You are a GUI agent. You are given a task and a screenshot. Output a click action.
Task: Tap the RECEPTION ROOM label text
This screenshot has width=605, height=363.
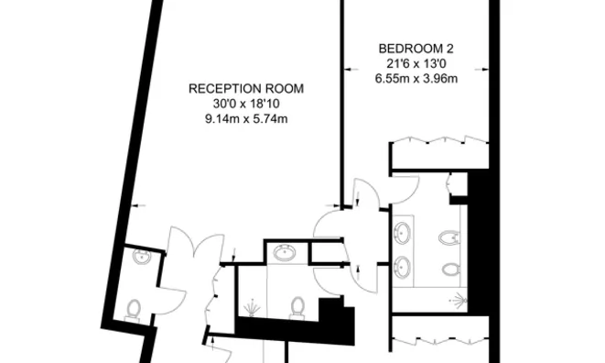[246, 89]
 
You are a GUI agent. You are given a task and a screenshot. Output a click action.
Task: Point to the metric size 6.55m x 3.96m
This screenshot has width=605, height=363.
[416, 78]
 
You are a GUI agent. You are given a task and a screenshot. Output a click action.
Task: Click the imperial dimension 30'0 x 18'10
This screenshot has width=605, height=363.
[246, 104]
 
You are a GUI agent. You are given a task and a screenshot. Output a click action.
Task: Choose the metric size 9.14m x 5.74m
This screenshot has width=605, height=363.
[246, 119]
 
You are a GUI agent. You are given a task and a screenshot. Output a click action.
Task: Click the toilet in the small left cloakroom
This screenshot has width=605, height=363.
[134, 309]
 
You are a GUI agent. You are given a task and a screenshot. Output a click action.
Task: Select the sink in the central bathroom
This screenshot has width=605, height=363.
[284, 253]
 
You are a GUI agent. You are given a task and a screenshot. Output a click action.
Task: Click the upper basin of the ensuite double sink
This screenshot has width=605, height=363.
[403, 231]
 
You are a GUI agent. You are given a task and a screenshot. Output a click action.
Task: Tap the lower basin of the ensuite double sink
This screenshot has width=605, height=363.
[403, 268]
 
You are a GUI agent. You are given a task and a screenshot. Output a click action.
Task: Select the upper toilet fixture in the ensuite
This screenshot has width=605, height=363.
[449, 238]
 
